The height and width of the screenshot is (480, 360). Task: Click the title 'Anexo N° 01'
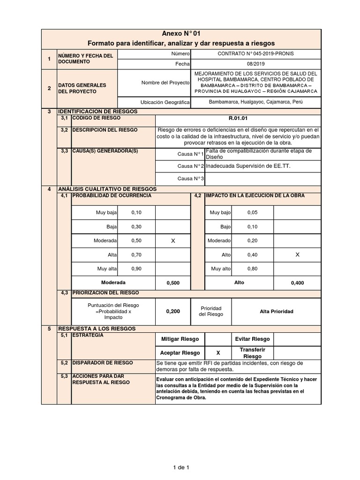pos(180,34)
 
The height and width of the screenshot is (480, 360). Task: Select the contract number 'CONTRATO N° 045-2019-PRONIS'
pos(256,54)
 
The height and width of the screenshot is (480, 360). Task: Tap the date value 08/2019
pos(256,63)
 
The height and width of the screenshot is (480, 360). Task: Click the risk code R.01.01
pos(238,119)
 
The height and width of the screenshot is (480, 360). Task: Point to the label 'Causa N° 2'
pos(191,166)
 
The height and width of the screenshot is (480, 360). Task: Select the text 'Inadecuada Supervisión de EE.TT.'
pos(242,166)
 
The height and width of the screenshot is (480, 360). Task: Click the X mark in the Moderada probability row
pos(172,240)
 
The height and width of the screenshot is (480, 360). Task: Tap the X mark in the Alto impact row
pos(297,255)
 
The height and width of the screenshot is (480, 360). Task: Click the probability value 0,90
pos(136,269)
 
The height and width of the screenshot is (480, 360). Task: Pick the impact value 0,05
pos(252,212)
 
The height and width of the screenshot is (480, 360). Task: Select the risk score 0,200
pos(172,311)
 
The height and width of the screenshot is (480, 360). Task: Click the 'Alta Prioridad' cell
pos(276,311)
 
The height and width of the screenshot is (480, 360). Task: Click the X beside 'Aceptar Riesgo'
pos(217,353)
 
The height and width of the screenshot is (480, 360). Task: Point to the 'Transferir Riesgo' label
pos(252,353)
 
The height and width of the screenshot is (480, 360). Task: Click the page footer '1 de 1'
pos(180,467)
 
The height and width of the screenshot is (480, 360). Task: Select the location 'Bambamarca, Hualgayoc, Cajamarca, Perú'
pos(256,102)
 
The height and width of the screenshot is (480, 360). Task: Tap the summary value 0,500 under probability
pos(172,283)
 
